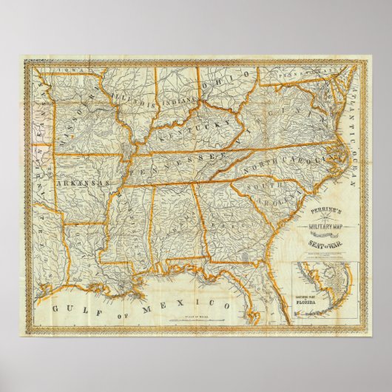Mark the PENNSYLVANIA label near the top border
pyautogui.click(x=296, y=74)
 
